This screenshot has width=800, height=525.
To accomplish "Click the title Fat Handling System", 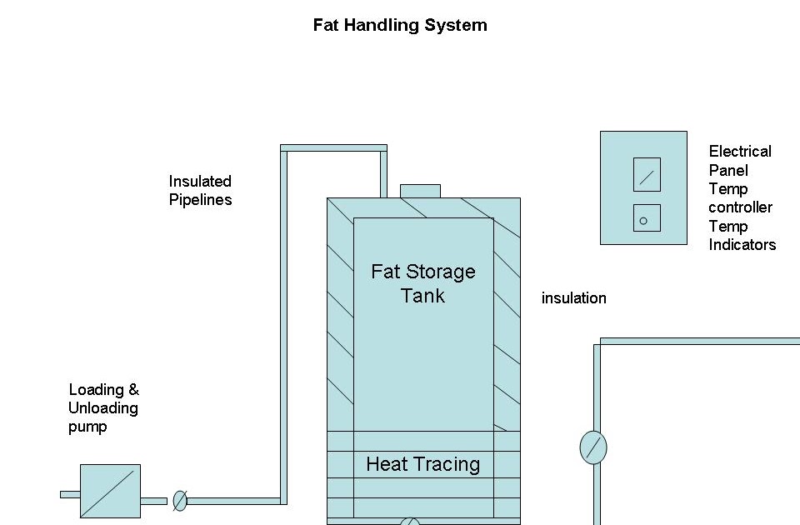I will [x=400, y=25].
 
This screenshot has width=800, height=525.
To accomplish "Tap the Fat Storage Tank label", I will [x=422, y=283].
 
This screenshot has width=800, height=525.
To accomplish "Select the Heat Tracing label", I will [x=422, y=464].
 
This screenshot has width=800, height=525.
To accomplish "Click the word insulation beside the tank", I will [x=573, y=298].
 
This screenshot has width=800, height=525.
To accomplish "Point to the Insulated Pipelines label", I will [x=200, y=190].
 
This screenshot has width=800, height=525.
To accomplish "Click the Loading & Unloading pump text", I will [x=103, y=408].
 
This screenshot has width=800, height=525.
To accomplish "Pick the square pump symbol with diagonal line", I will [x=110, y=491].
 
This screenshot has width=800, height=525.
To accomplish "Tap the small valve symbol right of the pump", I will [x=179, y=501].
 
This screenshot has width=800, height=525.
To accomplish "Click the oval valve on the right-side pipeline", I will [x=593, y=447].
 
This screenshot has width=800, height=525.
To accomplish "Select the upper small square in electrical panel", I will [x=647, y=175].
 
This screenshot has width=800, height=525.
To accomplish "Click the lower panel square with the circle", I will [x=647, y=218].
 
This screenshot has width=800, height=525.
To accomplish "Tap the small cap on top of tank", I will [x=420, y=191].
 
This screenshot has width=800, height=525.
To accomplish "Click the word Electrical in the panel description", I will [x=740, y=152].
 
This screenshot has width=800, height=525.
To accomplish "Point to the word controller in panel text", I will [x=740, y=207].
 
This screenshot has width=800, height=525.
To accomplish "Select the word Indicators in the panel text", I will [x=742, y=245].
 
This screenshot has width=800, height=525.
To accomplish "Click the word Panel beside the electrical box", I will [x=728, y=170].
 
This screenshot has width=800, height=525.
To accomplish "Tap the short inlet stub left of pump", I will [x=70, y=494].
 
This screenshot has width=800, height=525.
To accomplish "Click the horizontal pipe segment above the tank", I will [x=333, y=148].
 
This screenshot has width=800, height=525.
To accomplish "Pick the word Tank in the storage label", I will [x=422, y=296].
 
